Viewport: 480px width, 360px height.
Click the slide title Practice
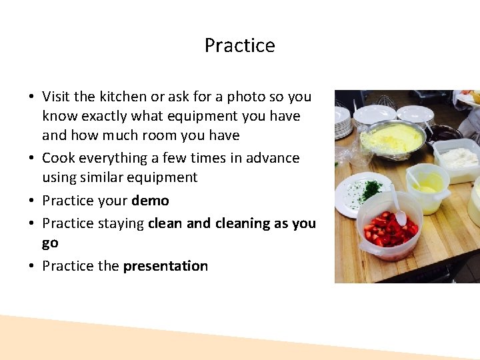(239, 45)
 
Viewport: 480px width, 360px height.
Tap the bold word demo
(150, 201)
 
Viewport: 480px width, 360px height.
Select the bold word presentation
(165, 266)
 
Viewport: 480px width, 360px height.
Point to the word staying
(122, 224)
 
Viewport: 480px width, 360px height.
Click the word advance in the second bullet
(273, 158)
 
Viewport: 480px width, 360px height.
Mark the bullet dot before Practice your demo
(32, 201)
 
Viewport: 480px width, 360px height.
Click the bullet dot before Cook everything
(32, 159)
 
